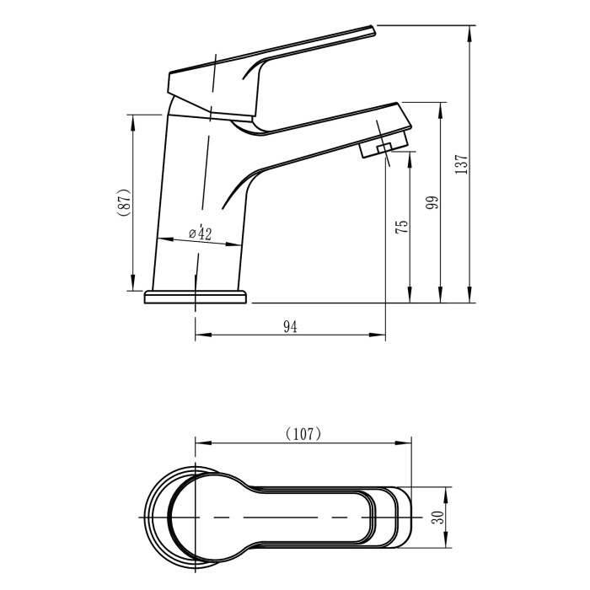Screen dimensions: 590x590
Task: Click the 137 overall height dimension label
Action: pyautogui.click(x=461, y=164)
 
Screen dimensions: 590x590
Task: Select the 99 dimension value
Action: pyautogui.click(x=433, y=203)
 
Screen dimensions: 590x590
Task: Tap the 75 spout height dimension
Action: pyautogui.click(x=402, y=227)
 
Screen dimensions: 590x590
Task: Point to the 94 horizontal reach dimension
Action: pyautogui.click(x=290, y=327)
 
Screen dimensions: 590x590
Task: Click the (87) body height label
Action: pyautogui.click(x=125, y=201)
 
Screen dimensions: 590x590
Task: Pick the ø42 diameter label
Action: pyautogui.click(x=201, y=233)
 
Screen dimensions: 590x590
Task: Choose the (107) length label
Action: pyautogui.click(x=303, y=434)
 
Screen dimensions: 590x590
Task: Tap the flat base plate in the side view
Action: pyautogui.click(x=196, y=297)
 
